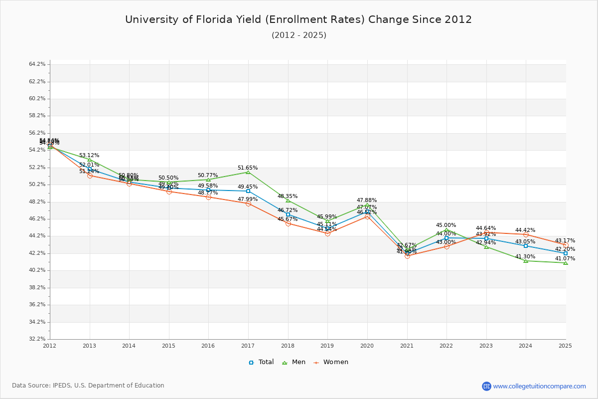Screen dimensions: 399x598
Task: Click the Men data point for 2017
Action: pos(248,172)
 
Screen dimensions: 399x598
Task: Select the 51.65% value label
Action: pos(248,168)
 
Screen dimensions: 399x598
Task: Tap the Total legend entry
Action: pos(261,362)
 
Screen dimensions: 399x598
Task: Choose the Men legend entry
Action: pos(295,362)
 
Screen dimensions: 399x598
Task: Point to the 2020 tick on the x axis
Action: pos(367,345)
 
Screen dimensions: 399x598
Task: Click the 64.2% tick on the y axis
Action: pos(37,64)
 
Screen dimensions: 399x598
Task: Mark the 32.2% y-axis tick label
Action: pos(37,339)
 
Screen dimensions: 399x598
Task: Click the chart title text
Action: pos(299,19)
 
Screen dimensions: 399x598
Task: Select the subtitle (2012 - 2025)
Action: pos(299,35)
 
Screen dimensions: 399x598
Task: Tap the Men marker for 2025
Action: pos(565,262)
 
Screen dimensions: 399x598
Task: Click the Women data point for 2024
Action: pos(526,234)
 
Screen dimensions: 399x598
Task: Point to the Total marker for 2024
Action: pos(526,246)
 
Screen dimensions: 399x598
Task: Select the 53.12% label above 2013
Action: pos(89,156)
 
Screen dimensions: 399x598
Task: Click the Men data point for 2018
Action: pos(288,200)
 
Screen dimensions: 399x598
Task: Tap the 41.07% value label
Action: pos(565,259)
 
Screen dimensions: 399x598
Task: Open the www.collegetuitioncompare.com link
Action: pos(539,386)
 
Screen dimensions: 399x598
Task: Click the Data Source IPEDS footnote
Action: pos(88,386)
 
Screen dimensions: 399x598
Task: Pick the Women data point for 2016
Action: pos(208,197)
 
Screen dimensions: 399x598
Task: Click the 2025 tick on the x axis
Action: pos(565,345)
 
